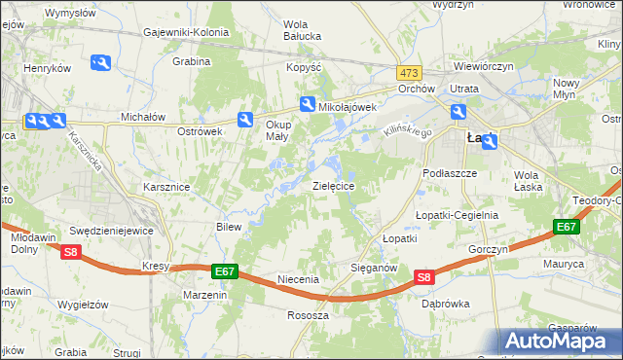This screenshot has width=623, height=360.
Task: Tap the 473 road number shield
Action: pyautogui.click(x=409, y=73)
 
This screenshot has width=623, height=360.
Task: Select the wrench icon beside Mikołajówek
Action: pyautogui.click(x=307, y=105)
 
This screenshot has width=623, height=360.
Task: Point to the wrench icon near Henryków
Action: pyautogui.click(x=100, y=63)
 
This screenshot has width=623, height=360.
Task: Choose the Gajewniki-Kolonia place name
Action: pyautogui.click(x=186, y=32)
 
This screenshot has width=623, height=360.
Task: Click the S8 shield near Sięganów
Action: pyautogui.click(x=423, y=277)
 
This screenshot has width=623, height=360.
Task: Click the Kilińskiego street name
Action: pyautogui.click(x=406, y=127)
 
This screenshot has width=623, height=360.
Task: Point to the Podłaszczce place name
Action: pyautogui.click(x=449, y=172)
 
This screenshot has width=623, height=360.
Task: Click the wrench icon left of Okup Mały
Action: pyautogui.click(x=245, y=120)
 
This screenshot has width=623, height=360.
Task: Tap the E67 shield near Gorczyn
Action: pyautogui.click(x=567, y=227)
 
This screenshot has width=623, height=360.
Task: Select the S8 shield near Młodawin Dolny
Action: pyautogui.click(x=70, y=253)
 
